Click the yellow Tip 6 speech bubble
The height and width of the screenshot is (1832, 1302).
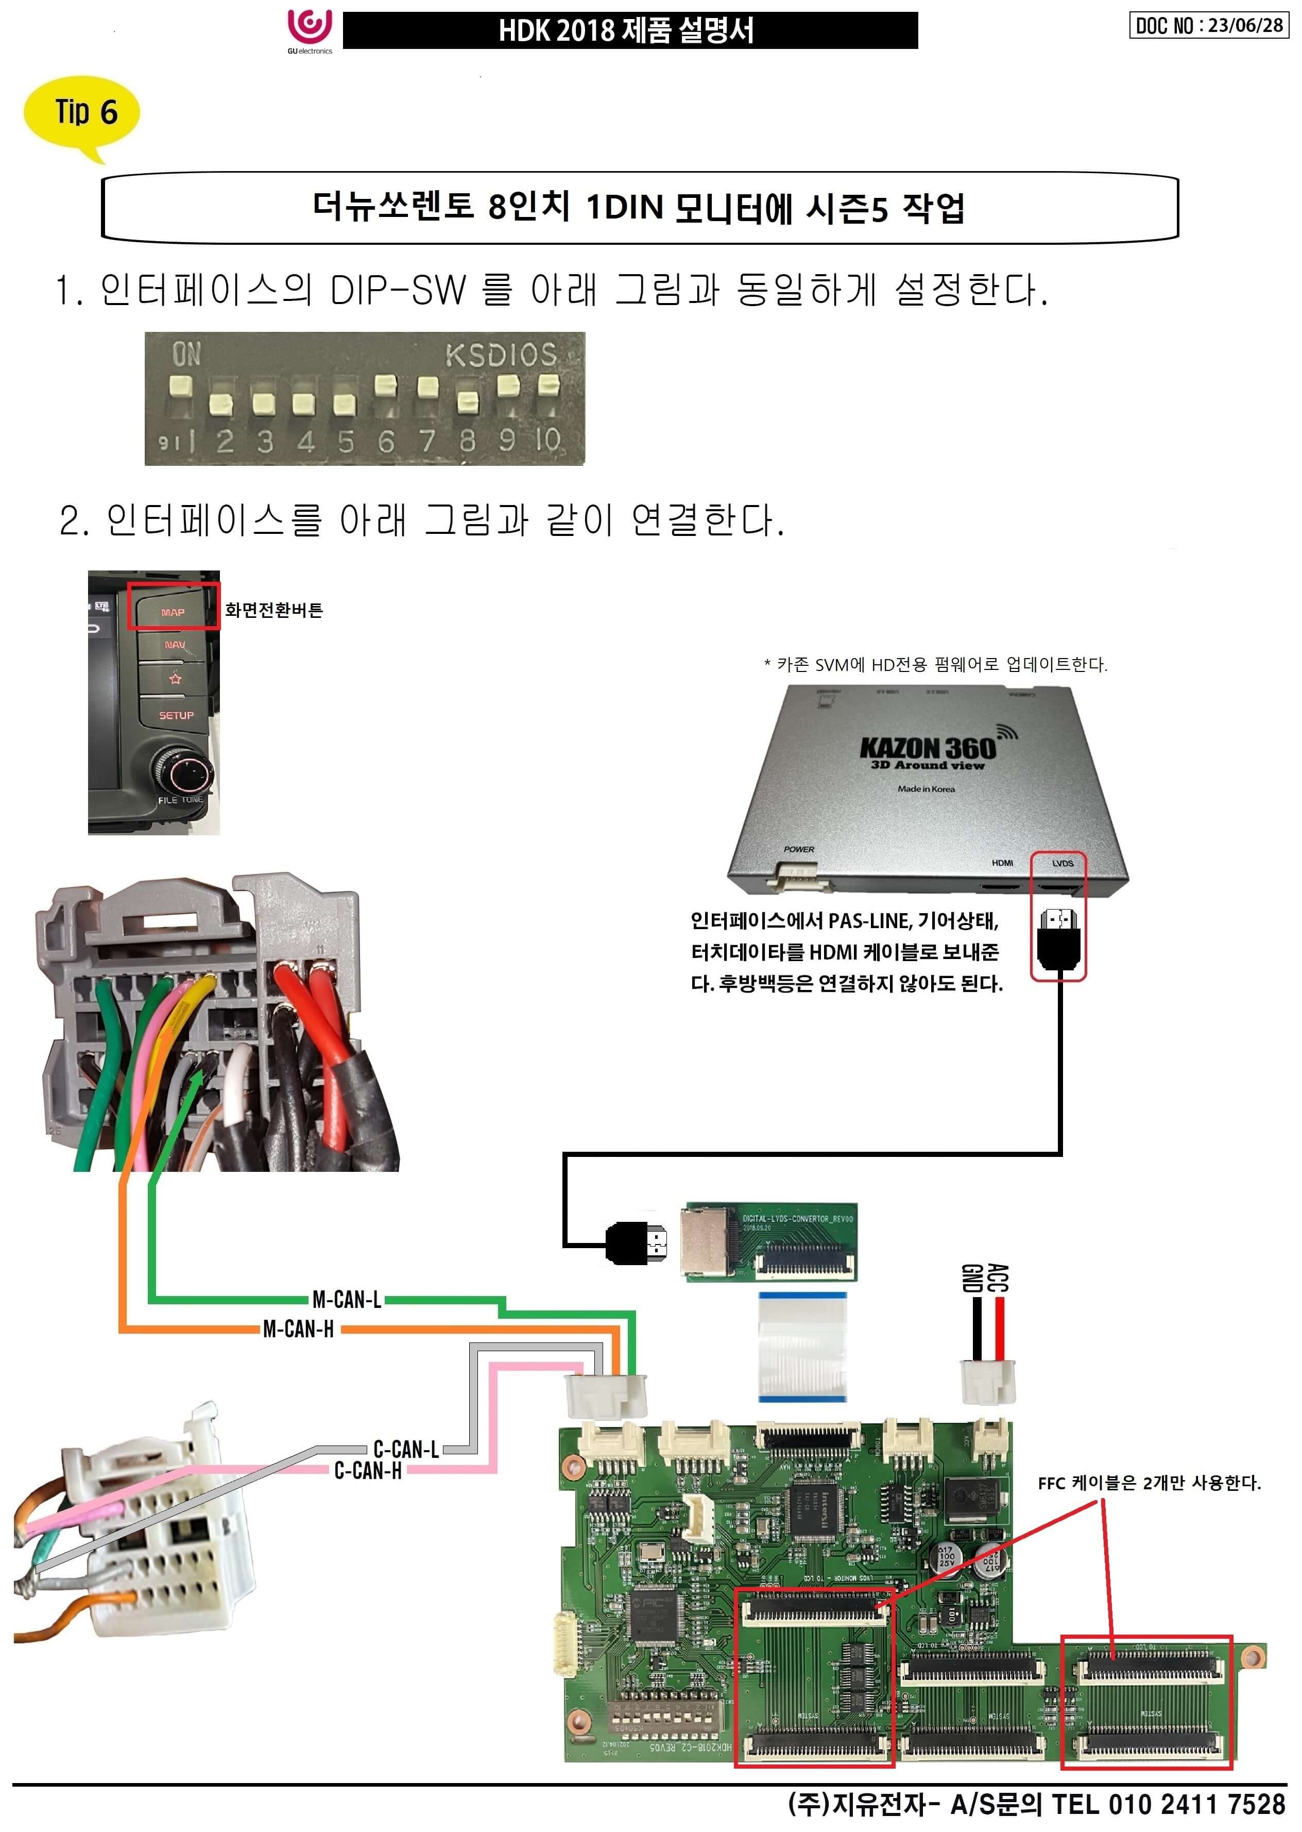(82, 112)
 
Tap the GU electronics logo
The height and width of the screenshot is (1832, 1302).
(310, 30)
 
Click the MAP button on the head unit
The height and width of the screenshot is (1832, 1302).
(173, 611)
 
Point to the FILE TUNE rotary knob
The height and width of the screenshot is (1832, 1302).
(183, 771)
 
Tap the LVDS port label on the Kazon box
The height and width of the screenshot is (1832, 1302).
(1063, 863)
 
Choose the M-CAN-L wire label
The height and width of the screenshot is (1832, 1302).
(347, 1299)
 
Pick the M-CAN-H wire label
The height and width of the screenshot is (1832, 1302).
(298, 1329)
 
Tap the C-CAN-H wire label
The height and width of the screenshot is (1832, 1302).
(368, 1470)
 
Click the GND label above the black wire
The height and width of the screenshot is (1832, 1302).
(972, 1277)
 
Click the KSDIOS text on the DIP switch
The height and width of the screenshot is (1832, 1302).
(500, 355)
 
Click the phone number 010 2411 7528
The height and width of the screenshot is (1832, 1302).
(1196, 1804)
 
